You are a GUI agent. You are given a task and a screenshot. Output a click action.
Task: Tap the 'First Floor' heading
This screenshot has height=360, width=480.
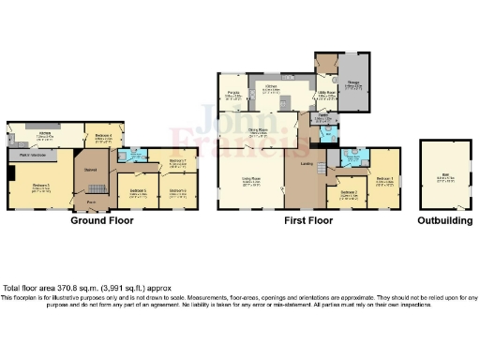[308, 221]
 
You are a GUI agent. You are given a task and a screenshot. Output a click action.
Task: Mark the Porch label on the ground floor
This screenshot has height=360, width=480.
[92, 202]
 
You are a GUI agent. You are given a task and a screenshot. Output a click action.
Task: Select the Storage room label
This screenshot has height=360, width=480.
[354, 86]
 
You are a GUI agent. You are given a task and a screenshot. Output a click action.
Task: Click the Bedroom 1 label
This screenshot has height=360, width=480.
[383, 181]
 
